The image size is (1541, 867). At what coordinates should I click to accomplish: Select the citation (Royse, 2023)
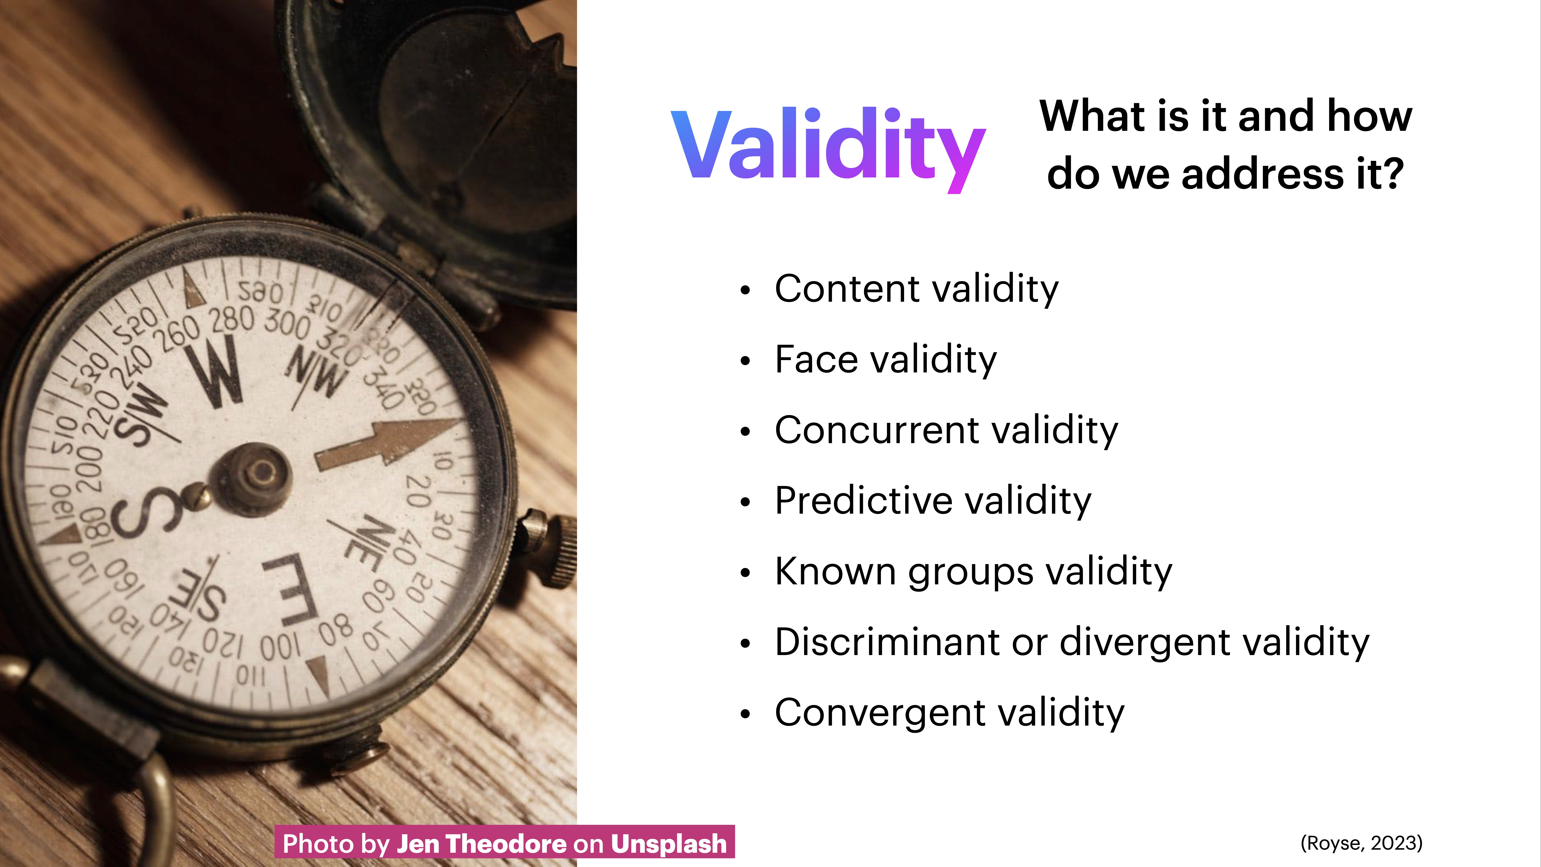pyautogui.click(x=1361, y=843)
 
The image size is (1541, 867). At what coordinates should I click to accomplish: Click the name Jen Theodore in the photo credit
pyautogui.click(x=482, y=844)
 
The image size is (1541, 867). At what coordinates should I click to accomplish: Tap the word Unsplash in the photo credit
pyautogui.click(x=668, y=844)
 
